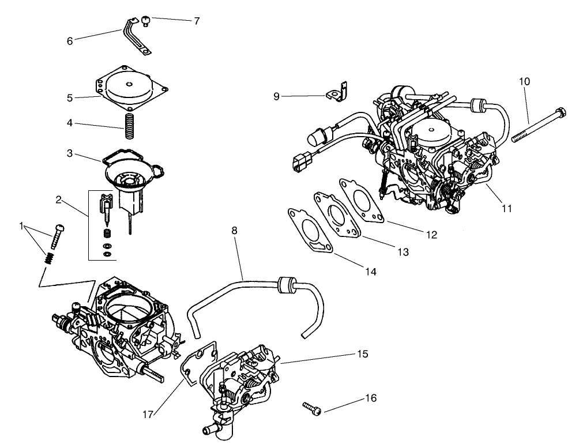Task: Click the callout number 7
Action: point(197,21)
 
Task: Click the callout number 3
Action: point(69,153)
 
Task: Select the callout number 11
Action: point(506,209)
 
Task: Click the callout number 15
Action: point(363,353)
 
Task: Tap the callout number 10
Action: point(524,81)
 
